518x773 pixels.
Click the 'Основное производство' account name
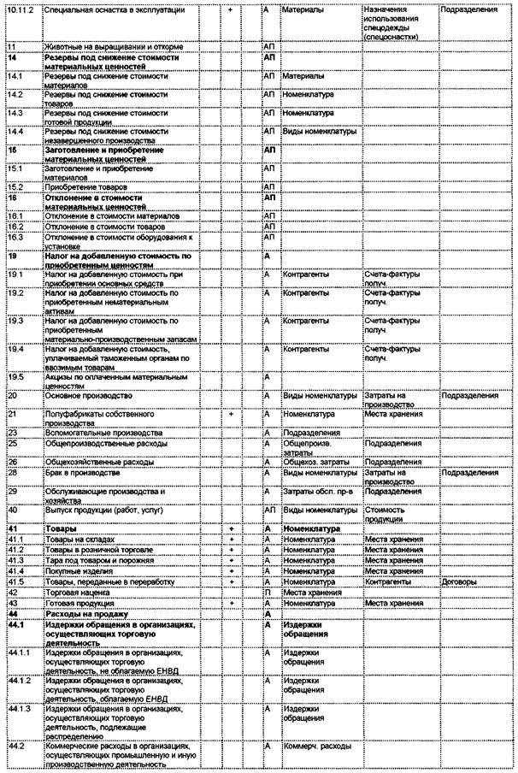tap(87, 396)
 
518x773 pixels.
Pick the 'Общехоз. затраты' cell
tap(316, 462)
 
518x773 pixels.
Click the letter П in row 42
tap(267, 592)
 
